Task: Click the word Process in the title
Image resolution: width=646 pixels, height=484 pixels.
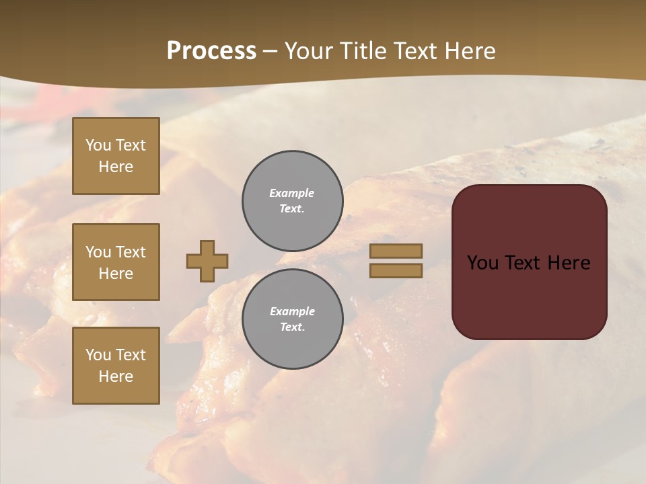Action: (211, 51)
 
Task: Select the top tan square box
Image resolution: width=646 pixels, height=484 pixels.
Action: (116, 156)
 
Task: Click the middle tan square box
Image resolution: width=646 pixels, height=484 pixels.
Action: (116, 262)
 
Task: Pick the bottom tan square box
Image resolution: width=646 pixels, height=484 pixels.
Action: (116, 366)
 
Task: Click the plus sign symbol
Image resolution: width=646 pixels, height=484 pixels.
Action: (207, 261)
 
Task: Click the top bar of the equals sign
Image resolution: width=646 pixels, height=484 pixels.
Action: (396, 251)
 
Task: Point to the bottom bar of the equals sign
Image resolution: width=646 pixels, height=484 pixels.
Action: (396, 270)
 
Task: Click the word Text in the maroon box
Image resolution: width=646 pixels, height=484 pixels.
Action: (522, 263)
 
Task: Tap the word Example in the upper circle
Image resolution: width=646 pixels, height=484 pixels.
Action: (291, 193)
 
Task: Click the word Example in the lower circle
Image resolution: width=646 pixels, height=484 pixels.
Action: (292, 311)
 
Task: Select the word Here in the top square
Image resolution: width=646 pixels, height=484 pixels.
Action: (116, 167)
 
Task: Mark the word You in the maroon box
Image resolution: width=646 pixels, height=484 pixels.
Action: (482, 263)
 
